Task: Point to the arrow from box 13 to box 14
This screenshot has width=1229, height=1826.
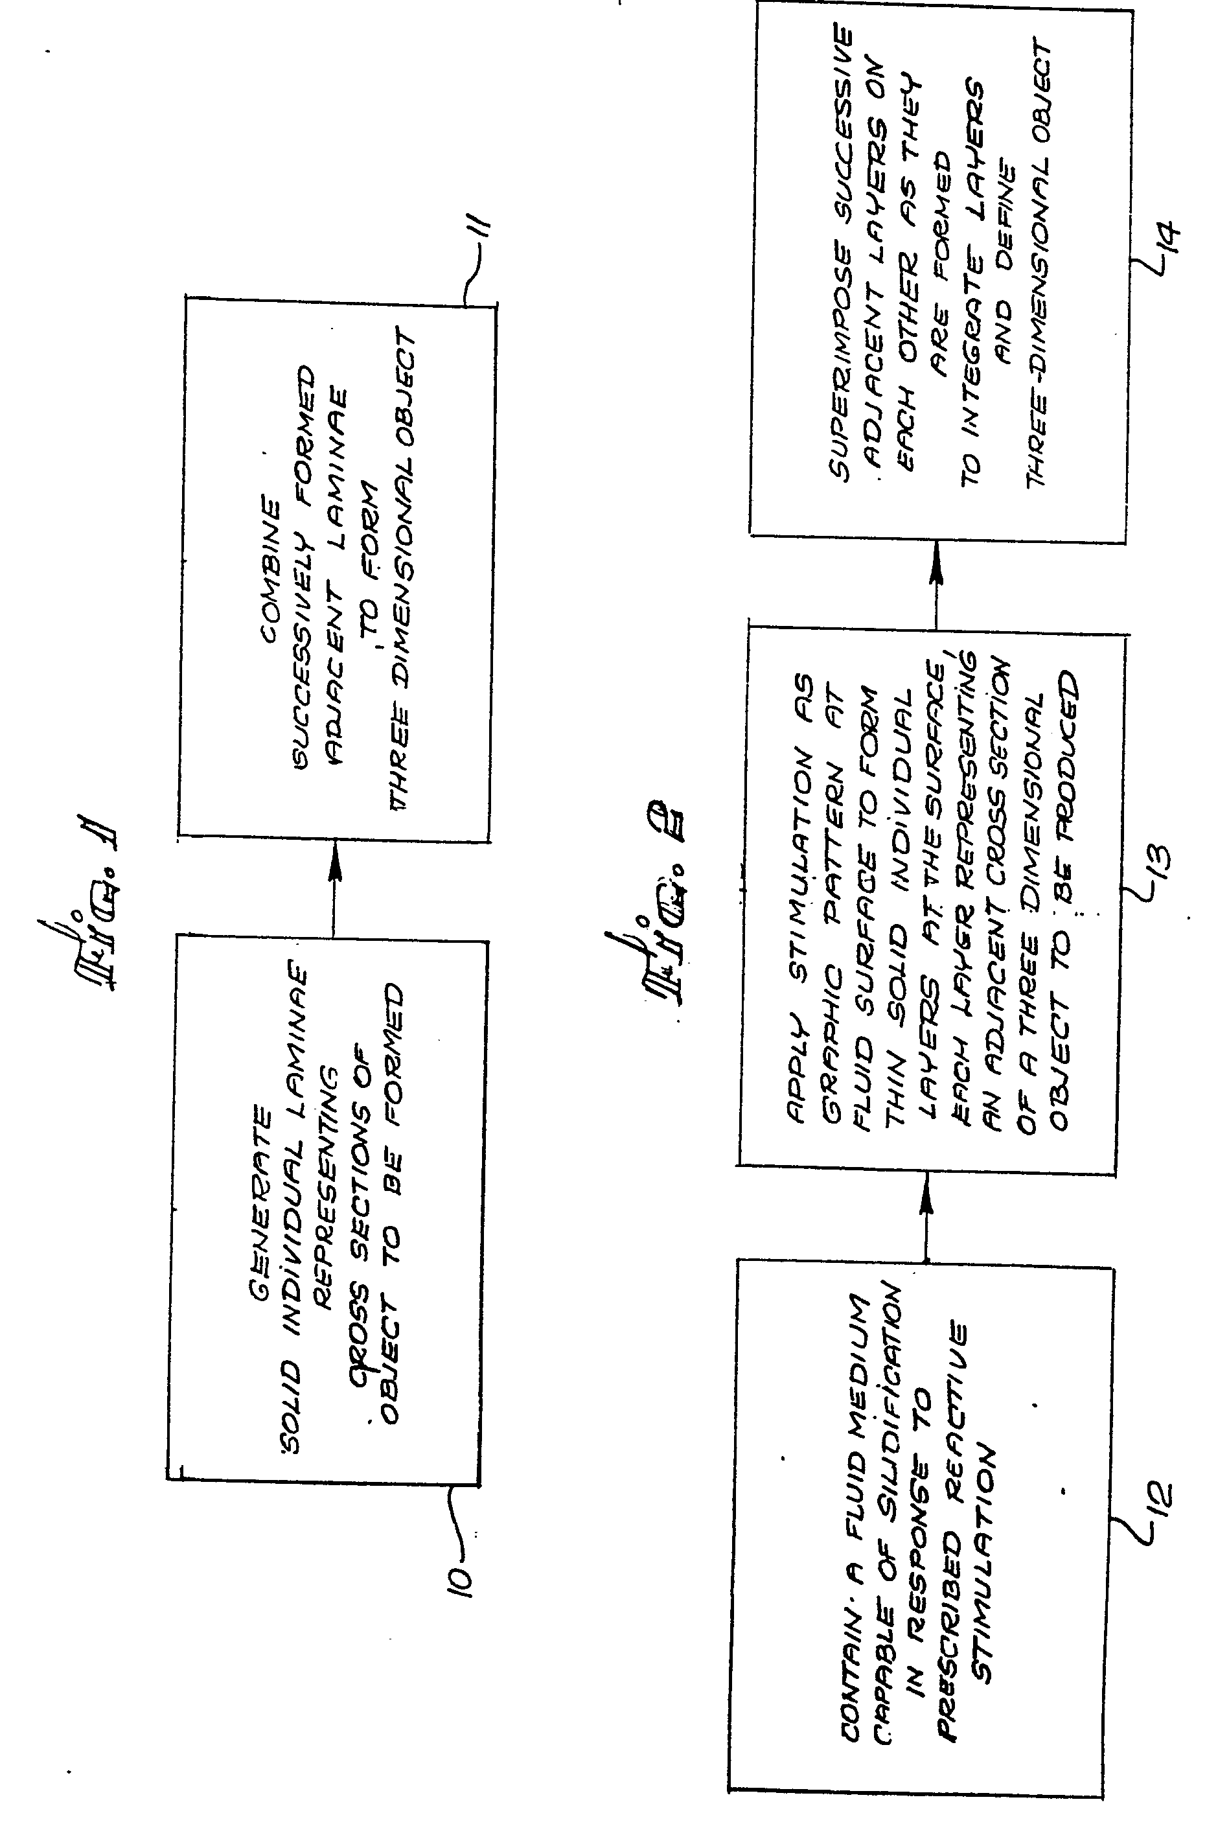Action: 935,584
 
